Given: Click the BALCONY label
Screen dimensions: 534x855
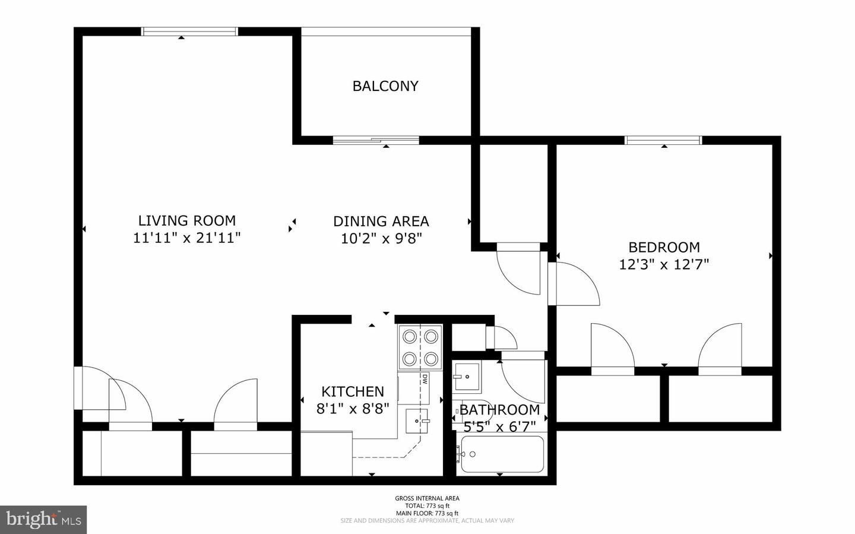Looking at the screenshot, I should pos(385,86).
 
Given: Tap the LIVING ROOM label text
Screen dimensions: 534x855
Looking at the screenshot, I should pos(186,221).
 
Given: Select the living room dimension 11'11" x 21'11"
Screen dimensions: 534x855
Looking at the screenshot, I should pos(186,238).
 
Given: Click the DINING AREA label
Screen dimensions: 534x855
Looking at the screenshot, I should pos(381,222).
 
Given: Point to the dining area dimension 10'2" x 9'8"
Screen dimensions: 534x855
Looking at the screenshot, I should pos(381,239).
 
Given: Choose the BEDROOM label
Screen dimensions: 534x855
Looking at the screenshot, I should pos(664,247).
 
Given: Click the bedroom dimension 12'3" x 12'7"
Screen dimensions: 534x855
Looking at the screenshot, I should pos(664,264).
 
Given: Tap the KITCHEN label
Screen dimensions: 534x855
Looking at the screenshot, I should pos(352,391).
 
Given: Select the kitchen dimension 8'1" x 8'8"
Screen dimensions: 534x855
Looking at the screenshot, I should pos(352,409).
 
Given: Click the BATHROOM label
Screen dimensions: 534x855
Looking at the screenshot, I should pos(499,410).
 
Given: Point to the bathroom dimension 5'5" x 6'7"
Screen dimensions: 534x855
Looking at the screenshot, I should pos(499,426).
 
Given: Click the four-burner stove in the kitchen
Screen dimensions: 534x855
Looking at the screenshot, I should pos(420,348).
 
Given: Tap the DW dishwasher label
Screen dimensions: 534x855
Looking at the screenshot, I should pos(426,379).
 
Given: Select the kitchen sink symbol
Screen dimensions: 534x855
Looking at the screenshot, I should pos(417,421).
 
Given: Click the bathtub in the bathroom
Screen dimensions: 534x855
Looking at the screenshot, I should pos(502,454).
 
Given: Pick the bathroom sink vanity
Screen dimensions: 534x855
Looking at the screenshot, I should pos(467,377).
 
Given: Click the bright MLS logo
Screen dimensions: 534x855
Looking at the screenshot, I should pos(43,520).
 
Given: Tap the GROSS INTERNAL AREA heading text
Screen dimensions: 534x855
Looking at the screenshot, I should pos(427,498).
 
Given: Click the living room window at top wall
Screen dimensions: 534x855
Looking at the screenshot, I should pos(189,31).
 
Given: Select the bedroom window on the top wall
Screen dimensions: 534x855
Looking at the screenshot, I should pos(663,141).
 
